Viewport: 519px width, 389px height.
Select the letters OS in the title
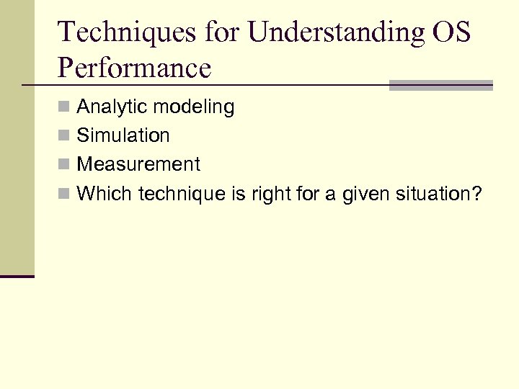point(451,32)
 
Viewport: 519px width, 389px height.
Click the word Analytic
point(110,107)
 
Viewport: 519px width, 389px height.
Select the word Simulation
point(123,135)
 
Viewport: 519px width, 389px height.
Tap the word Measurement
point(138,164)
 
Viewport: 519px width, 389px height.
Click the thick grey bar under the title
point(440,85)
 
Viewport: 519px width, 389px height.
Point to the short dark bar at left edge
point(17,276)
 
